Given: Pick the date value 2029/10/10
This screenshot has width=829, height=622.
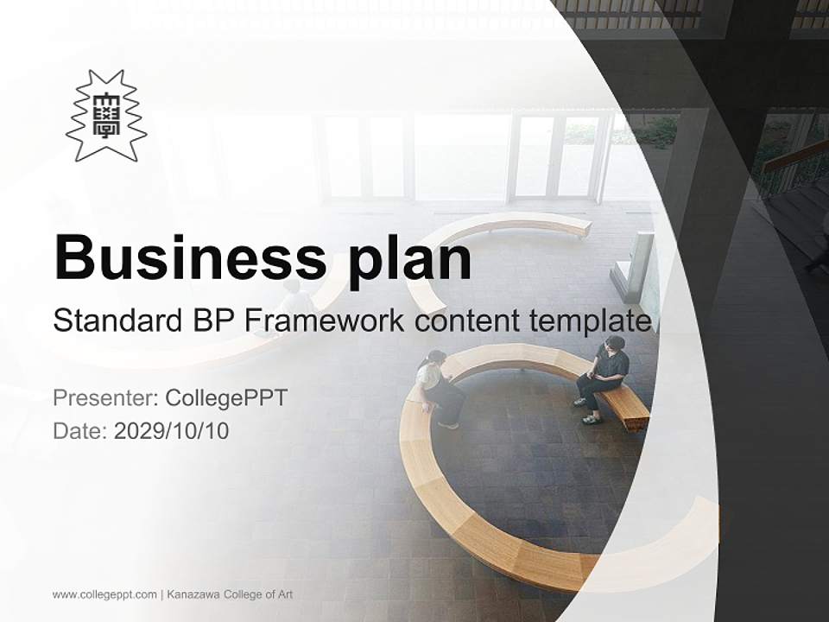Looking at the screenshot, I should pos(172,430).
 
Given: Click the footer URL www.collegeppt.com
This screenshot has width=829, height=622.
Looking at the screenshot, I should pos(104,594).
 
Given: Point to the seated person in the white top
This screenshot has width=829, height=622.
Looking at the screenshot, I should pos(438,387).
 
